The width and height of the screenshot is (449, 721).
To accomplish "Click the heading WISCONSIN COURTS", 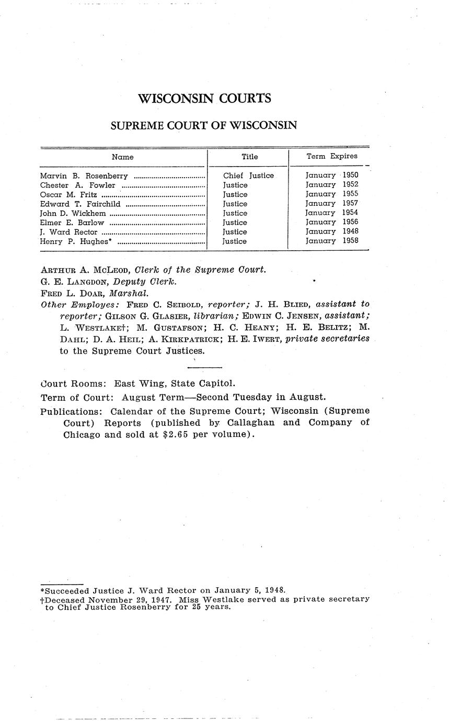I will [x=204, y=98].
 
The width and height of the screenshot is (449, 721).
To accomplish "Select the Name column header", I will [x=123, y=157].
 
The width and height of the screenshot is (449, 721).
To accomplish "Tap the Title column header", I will [x=249, y=157].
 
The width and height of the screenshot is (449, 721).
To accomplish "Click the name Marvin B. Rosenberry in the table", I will [x=84, y=176].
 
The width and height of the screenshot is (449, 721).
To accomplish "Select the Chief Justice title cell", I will [x=248, y=176].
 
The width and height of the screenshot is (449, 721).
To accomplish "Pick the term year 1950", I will [x=350, y=176].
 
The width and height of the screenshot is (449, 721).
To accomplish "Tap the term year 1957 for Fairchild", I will [x=350, y=204].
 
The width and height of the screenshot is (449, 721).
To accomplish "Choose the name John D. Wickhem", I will [x=73, y=213].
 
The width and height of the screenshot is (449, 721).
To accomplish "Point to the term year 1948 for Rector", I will [x=350, y=231].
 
